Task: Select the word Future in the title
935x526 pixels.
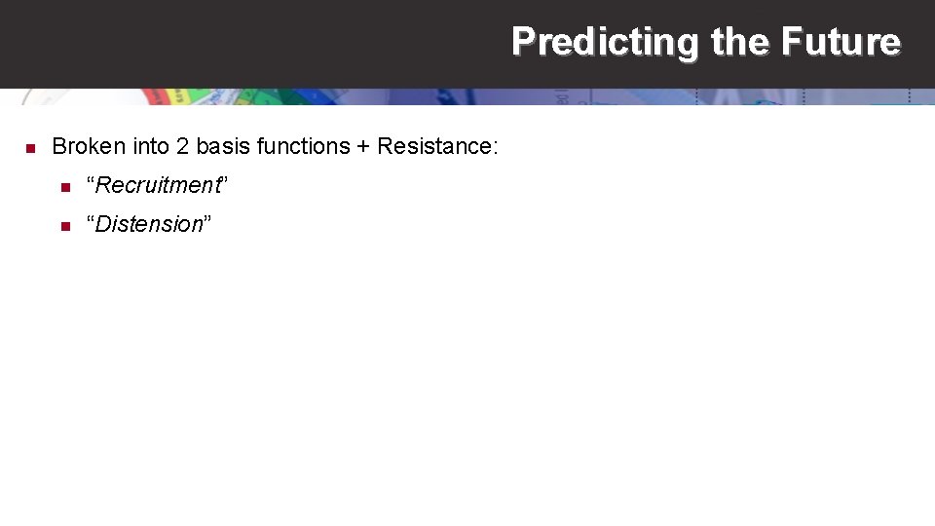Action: click(x=841, y=42)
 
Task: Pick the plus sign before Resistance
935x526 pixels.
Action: click(x=363, y=147)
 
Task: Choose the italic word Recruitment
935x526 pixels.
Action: click(x=158, y=185)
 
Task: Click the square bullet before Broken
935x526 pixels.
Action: click(x=30, y=148)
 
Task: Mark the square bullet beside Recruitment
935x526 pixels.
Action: click(x=64, y=186)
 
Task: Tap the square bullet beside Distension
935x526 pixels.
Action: click(x=64, y=225)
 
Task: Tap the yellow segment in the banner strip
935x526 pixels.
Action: click(x=177, y=96)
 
